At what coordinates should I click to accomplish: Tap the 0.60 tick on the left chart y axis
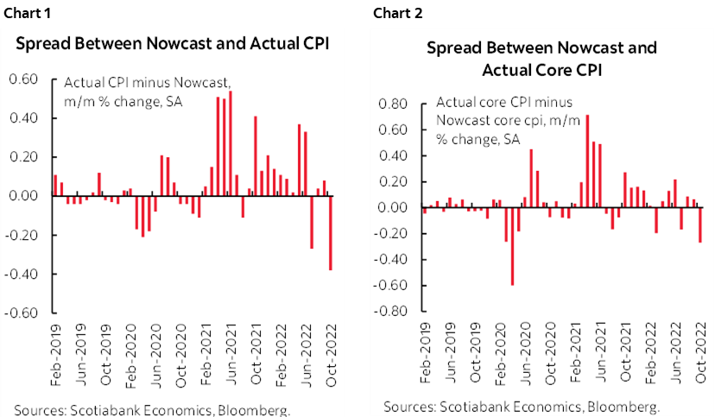click(23, 79)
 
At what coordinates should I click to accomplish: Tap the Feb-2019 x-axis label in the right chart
click(423, 357)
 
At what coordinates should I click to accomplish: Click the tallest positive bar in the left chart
click(231, 143)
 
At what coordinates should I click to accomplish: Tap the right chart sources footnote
click(522, 406)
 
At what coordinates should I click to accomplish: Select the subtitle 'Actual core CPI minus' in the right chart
click(494, 102)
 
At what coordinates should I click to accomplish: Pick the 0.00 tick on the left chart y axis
click(23, 196)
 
